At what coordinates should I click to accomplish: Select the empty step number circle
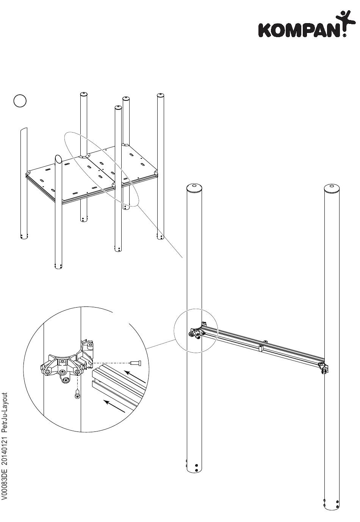tap(20, 101)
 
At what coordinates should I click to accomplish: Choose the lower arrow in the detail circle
tap(114, 406)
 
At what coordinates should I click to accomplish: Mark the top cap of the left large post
tap(194, 187)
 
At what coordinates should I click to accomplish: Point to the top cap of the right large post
tap(332, 187)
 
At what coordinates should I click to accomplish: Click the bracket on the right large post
tap(325, 367)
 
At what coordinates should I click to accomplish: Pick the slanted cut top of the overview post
tap(59, 159)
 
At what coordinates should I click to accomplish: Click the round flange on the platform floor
tap(83, 156)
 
